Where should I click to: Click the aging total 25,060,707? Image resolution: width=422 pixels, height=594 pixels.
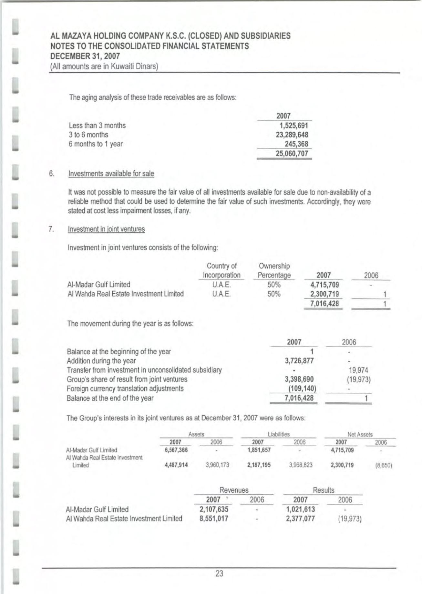click(292, 154)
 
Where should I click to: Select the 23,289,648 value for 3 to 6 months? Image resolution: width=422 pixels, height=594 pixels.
click(292, 135)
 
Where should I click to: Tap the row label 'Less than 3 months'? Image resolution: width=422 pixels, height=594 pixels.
click(97, 126)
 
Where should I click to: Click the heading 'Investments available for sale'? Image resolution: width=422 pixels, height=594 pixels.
click(111, 174)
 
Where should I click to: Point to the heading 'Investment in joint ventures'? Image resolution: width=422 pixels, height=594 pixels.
click(106, 229)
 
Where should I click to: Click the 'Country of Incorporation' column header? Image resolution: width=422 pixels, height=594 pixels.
click(221, 271)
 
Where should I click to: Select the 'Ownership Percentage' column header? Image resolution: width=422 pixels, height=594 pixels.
click(274, 271)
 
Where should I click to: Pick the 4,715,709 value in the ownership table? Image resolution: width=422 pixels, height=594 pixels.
click(324, 285)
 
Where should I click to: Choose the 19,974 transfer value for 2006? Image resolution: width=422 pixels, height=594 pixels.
click(358, 370)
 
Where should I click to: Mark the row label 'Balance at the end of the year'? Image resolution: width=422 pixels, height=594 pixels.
click(110, 398)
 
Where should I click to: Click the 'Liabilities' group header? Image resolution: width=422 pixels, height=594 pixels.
click(279, 434)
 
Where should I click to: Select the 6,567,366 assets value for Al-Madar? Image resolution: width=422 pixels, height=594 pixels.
click(176, 450)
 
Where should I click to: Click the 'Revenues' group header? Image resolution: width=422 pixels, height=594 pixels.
click(234, 490)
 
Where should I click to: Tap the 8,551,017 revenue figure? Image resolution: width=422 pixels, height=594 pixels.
click(214, 519)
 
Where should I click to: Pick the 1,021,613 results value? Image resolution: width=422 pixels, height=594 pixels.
click(301, 509)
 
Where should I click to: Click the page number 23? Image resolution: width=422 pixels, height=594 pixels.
click(219, 573)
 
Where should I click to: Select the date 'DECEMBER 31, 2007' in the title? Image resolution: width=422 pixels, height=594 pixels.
click(85, 56)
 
